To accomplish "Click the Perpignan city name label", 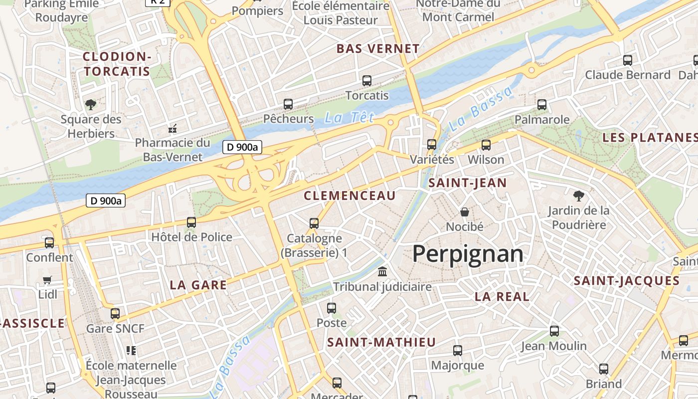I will coord(468,254).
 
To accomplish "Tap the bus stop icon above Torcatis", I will coord(367,80).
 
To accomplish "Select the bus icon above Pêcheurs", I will coord(288,104).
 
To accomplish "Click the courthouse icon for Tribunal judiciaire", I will coord(382,272).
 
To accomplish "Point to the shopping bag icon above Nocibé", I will coord(465,212).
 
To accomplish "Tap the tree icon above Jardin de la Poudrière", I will coord(578,196).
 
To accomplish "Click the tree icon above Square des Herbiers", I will coord(90,104).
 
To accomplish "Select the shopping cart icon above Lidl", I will coord(47,280).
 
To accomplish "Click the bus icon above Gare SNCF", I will coord(115,314).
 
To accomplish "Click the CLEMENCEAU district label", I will coord(349,196).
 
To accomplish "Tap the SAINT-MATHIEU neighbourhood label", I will coord(381,342).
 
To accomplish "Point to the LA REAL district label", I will coord(502,296).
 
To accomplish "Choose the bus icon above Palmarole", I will coord(542,105).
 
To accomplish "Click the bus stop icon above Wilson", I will coord(486,145).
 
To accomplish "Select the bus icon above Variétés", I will coord(432,145).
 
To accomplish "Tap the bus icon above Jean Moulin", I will coord(554,331).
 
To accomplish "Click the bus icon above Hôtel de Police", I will coord(191,222).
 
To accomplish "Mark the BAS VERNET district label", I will coord(378,49).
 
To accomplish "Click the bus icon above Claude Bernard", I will coord(628,60).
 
